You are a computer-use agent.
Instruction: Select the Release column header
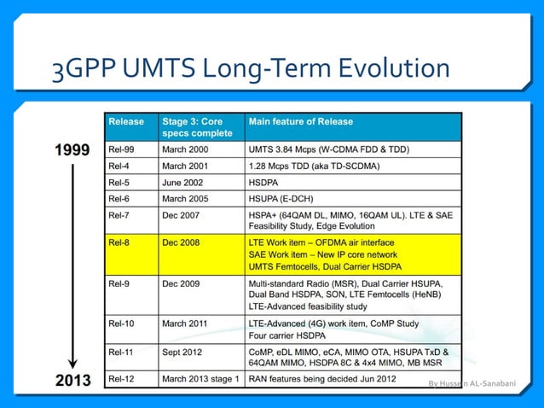(x=126, y=122)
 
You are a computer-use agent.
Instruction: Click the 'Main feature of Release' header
(x=300, y=122)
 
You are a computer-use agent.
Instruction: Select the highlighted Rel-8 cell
(x=120, y=243)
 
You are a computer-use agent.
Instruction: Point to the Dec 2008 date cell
(x=181, y=243)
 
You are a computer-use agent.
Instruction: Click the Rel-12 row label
(x=123, y=378)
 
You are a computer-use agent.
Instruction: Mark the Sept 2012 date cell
(x=183, y=351)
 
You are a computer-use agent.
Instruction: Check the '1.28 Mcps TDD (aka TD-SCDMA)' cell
(x=314, y=166)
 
